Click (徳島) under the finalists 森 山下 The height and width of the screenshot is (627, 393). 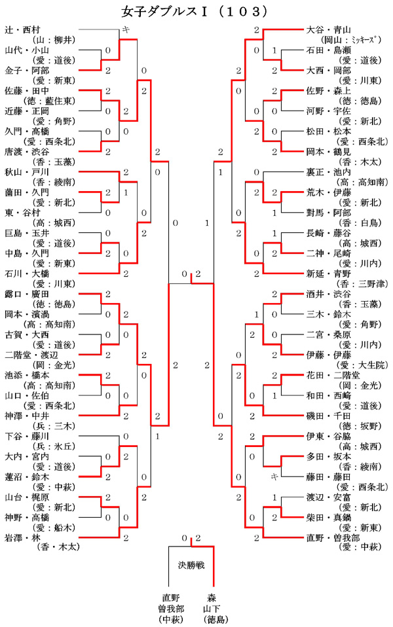(x=213, y=619)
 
